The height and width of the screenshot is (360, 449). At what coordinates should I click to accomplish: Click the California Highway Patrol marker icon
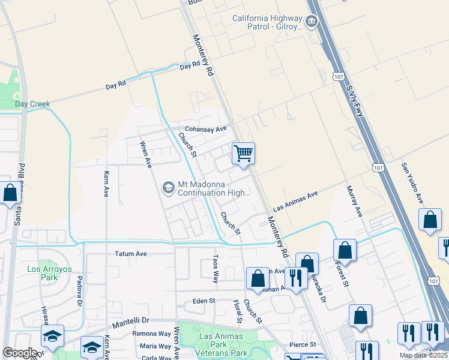pos(311,22)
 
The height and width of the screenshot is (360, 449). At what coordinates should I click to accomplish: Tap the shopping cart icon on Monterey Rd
pos(243,153)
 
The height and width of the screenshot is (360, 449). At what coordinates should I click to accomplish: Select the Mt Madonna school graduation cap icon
pos(168,188)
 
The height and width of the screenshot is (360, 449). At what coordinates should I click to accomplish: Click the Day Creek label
pos(32,104)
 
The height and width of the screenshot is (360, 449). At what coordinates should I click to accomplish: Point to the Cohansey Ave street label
pos(205,129)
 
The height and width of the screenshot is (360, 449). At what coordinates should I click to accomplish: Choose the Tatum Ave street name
pos(131,254)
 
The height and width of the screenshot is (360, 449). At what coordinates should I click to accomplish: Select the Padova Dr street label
pos(79,290)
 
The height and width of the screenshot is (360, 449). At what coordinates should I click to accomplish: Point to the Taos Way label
pos(215,268)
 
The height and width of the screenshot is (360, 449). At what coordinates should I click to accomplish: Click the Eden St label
pos(204,301)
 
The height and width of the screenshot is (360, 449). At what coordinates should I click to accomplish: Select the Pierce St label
pos(303,344)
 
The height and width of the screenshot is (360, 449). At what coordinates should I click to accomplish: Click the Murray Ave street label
pos(355,201)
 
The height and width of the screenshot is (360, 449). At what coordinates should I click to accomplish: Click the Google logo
pos(20,353)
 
